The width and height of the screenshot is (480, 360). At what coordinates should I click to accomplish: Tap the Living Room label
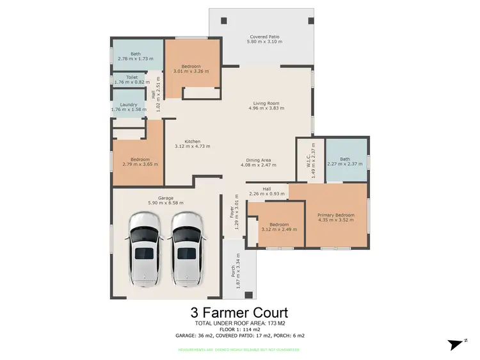[265, 103]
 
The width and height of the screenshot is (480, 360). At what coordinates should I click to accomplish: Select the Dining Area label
[259, 160]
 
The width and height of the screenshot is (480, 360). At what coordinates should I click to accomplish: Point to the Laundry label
[129, 104]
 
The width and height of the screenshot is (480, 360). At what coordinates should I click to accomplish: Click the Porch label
[233, 272]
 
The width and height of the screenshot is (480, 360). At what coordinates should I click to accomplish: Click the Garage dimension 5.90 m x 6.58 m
[161, 203]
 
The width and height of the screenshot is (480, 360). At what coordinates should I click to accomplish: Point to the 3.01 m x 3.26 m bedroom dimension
[191, 71]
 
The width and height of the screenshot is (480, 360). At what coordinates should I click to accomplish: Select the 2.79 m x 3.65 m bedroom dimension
[140, 164]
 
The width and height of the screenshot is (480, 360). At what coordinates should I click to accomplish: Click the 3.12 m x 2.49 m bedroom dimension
[279, 229]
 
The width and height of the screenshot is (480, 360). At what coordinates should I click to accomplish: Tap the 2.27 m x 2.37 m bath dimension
[345, 164]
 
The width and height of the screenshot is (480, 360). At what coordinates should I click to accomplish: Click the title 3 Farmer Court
[239, 313]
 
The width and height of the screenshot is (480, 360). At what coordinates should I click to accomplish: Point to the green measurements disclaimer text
[239, 349]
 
